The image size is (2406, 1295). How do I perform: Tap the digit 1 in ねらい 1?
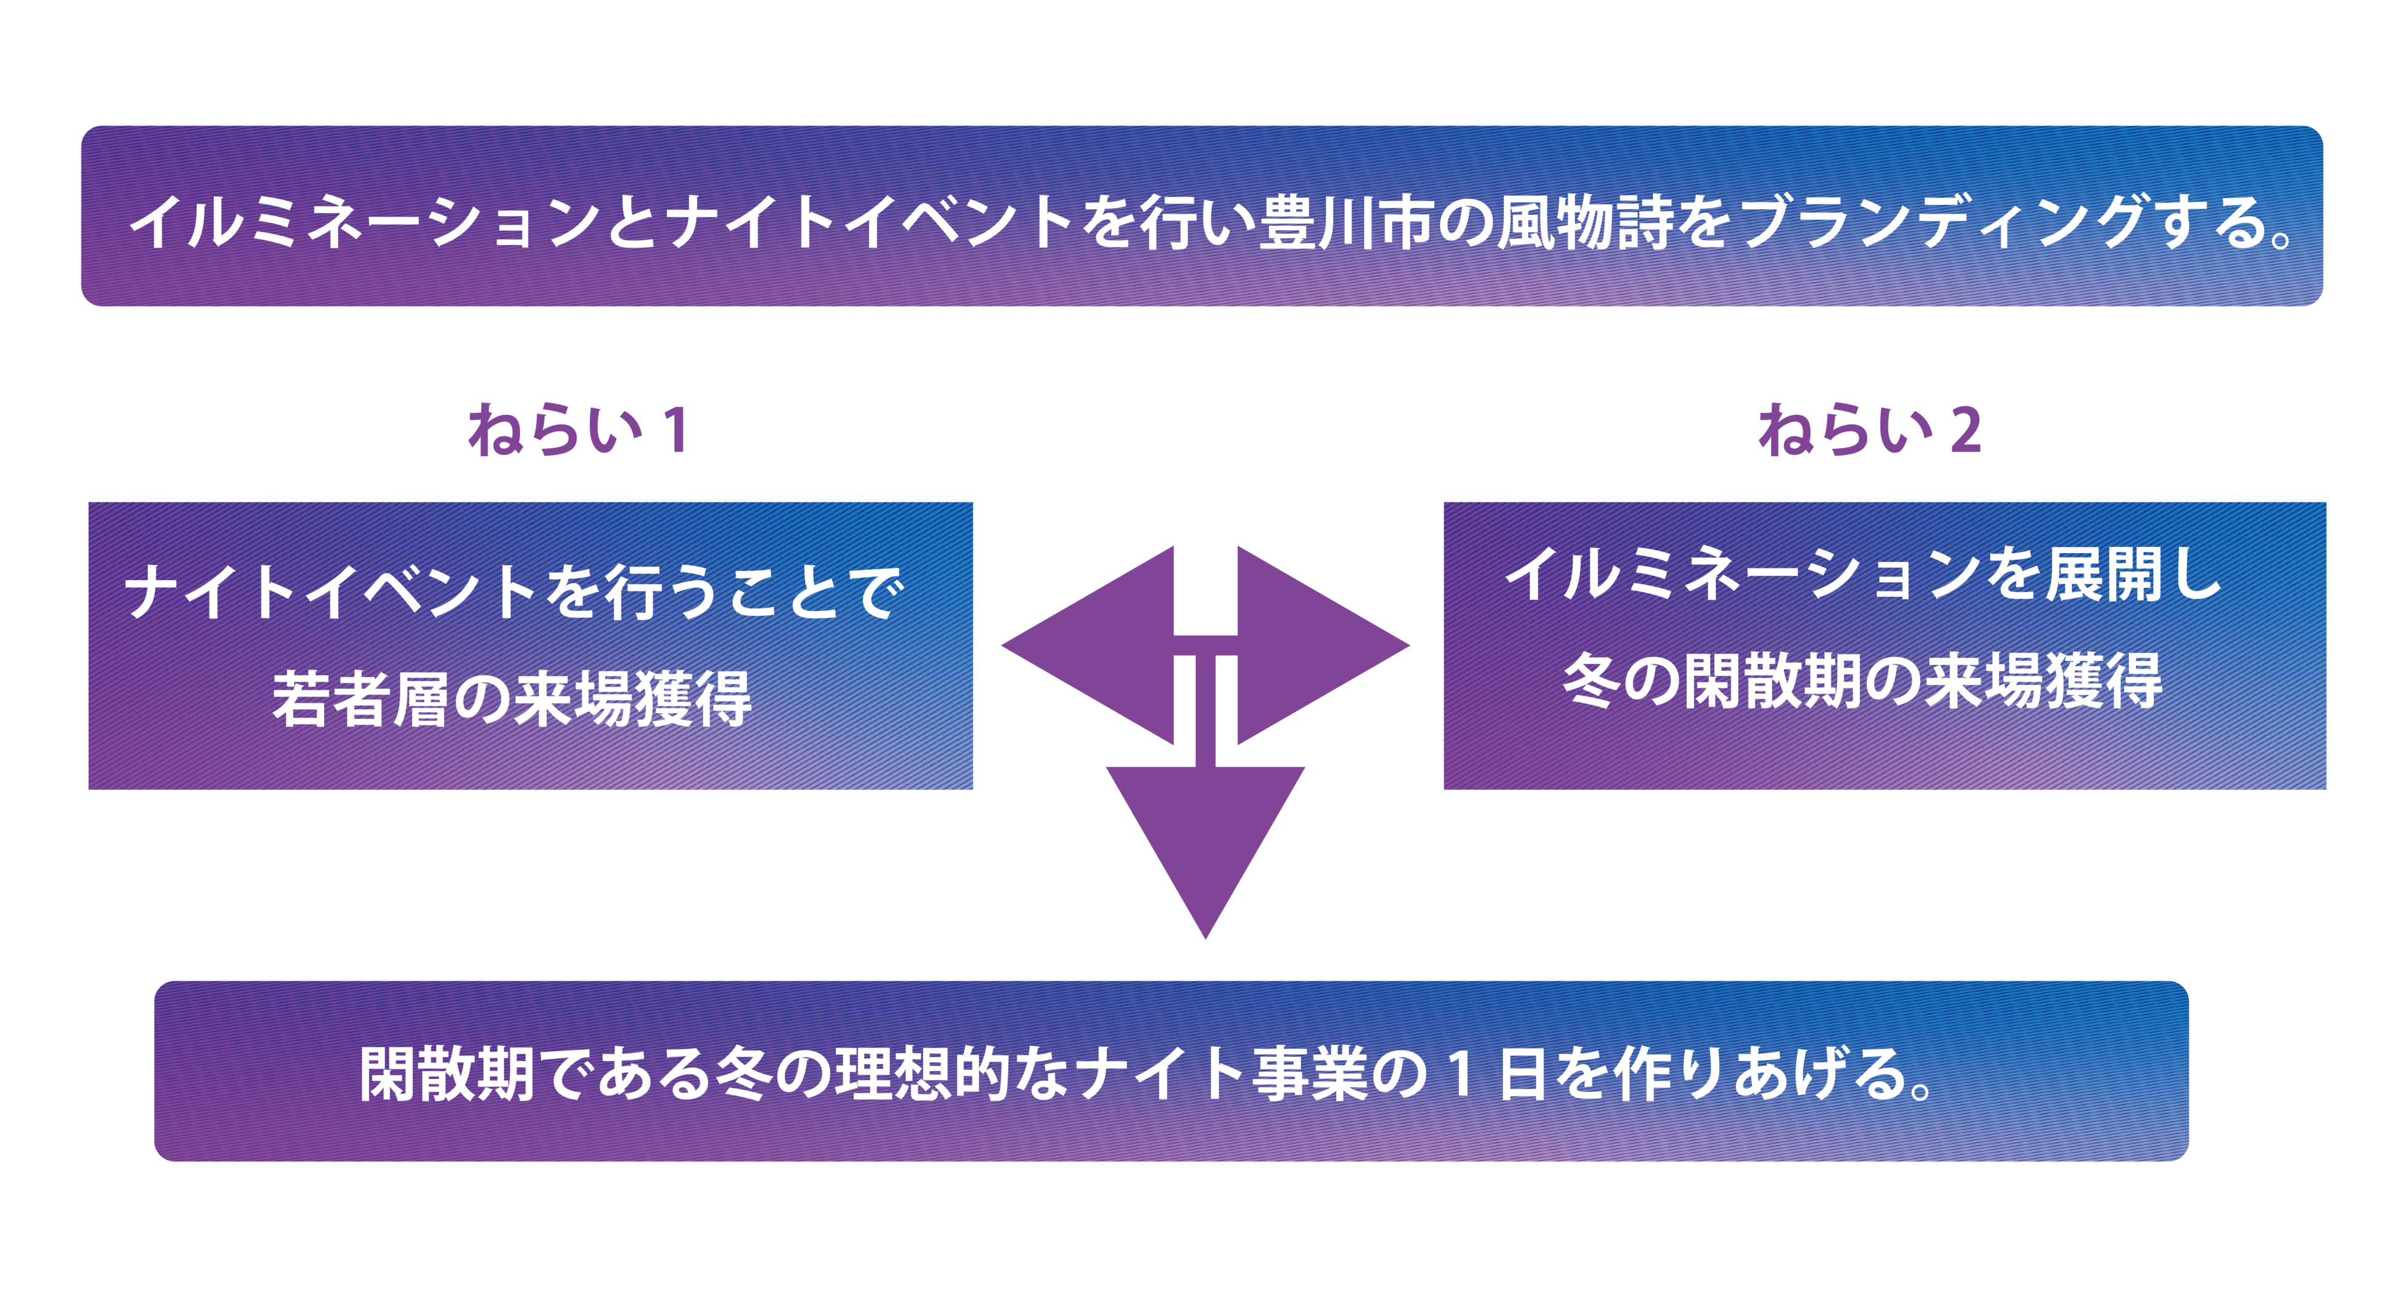click(x=676, y=431)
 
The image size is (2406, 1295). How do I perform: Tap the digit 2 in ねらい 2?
click(x=1965, y=431)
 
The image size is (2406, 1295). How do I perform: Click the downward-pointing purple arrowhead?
click(x=1205, y=841)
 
